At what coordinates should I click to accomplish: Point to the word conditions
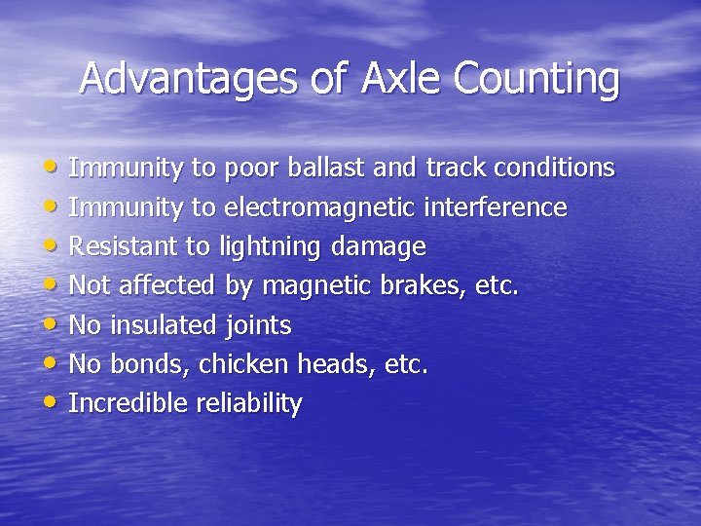click(x=554, y=169)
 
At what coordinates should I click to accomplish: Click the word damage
click(x=378, y=247)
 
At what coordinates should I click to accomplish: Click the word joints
click(x=258, y=326)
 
